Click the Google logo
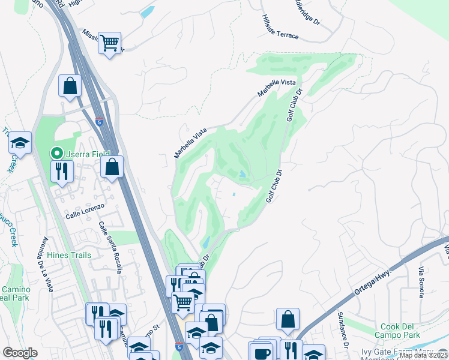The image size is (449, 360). click(20, 353)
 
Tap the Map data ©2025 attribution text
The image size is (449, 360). click(423, 355)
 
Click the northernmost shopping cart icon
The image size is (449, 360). click(109, 43)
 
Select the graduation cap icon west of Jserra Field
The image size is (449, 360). click(20, 142)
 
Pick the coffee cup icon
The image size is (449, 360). click(261, 353)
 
